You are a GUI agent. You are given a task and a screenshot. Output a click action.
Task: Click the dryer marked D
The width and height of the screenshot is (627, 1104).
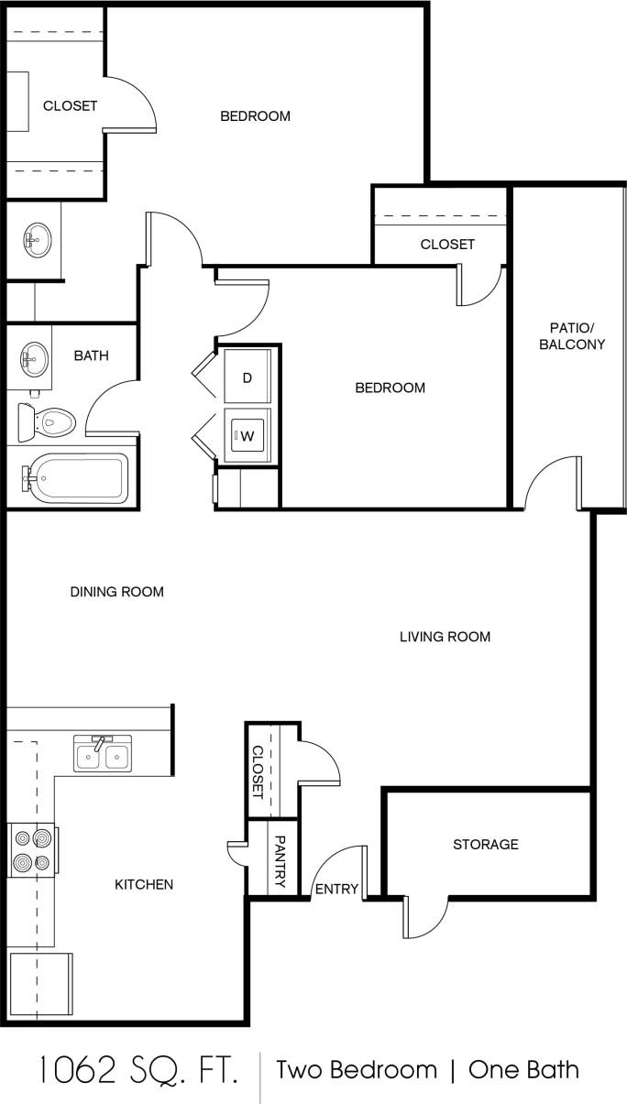[247, 377]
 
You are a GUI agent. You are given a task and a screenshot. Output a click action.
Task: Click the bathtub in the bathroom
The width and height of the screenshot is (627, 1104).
[73, 476]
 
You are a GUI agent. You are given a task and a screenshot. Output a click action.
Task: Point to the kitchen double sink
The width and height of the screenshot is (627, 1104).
[103, 756]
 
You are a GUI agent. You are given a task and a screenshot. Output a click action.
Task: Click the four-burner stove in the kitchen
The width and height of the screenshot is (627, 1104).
[31, 849]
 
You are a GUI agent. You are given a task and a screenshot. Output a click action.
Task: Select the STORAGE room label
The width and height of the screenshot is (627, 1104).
[485, 844]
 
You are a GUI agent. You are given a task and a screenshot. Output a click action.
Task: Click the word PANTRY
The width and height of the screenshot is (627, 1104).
[280, 861]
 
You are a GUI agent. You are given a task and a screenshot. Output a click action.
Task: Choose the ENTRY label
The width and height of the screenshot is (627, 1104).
[336, 889]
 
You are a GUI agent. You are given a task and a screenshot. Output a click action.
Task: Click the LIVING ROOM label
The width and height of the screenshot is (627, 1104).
[445, 636]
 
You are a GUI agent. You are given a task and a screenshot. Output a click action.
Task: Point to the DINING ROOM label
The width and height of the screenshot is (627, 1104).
[116, 592]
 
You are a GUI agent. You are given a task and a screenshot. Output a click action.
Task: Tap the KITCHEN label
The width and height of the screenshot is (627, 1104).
[144, 884]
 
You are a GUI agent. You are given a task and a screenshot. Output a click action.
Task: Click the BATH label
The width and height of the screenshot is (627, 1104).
[92, 355]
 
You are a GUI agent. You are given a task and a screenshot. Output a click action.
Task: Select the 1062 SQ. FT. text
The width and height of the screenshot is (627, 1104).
[137, 1069]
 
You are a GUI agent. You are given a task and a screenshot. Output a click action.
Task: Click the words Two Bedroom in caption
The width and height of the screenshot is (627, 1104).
[357, 1069]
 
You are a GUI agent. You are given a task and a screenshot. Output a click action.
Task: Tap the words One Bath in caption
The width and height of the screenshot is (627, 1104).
[523, 1069]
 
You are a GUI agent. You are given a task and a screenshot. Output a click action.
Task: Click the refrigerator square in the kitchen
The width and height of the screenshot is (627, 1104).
[40, 983]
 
